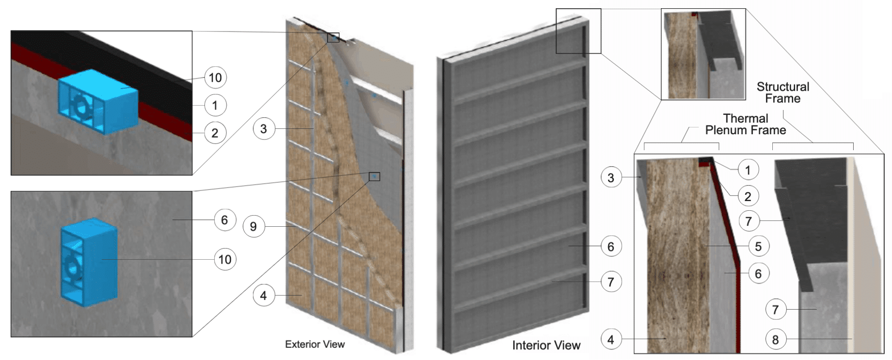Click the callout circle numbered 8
click(x=775, y=339)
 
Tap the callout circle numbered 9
click(x=253, y=226)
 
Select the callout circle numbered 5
click(x=758, y=246)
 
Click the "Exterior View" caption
click(x=314, y=344)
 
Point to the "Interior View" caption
click(x=546, y=345)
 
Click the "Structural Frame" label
click(x=782, y=93)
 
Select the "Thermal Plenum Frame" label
click(x=745, y=124)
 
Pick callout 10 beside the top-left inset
click(x=215, y=78)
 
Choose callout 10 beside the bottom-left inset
click(x=225, y=260)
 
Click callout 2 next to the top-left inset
click(x=215, y=133)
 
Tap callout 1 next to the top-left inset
click(x=215, y=105)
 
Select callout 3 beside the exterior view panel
click(x=264, y=129)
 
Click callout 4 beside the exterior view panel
click(x=264, y=295)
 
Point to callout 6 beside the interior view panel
click(x=610, y=247)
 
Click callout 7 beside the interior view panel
click(x=610, y=282)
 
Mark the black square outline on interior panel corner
click(x=578, y=31)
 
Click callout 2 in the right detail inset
click(x=748, y=196)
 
